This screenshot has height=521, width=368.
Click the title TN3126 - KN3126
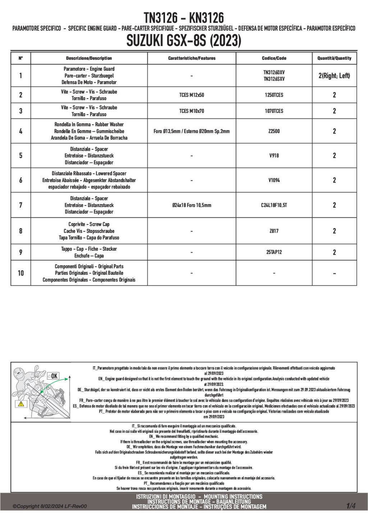184,17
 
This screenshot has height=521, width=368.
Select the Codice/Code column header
274,58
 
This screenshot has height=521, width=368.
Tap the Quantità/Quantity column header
334,58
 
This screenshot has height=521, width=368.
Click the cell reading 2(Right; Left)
334,76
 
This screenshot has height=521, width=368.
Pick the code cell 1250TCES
274,95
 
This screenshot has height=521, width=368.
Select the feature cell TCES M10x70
192,111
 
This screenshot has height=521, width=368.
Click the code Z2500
274,131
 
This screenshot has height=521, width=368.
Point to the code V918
274,155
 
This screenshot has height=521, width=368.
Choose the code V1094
274,180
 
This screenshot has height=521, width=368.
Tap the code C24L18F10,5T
274,205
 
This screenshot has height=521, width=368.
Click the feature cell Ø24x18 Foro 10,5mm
192,205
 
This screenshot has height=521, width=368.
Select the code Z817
274,231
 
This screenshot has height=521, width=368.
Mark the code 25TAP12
274,252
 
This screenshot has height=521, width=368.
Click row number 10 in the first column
20,273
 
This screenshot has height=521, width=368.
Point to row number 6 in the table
20,180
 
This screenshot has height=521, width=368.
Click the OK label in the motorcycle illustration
54,376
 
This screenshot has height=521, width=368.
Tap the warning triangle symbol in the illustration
21,403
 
